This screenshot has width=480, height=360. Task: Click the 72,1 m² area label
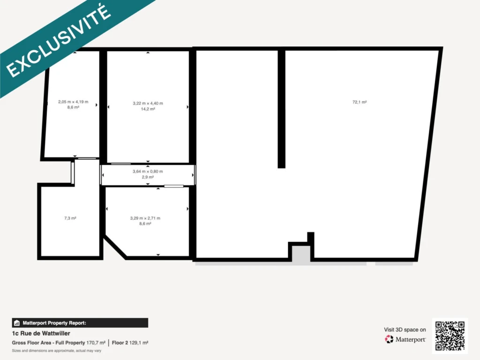click(x=360, y=102)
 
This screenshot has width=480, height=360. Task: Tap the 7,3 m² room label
click(x=70, y=218)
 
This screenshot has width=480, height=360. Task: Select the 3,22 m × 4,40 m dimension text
click(x=148, y=104)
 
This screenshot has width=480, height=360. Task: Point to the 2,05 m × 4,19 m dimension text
click(x=73, y=102)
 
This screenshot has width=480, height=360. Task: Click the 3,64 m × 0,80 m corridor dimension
click(x=148, y=172)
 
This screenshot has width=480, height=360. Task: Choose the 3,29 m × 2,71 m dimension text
click(x=145, y=218)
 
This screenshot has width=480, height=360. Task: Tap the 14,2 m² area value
click(x=148, y=109)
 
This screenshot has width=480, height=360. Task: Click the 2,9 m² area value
click(x=148, y=177)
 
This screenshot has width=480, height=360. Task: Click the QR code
click(x=450, y=336)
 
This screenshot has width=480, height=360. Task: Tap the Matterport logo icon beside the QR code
click(x=389, y=339)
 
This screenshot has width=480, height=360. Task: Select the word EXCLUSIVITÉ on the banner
click(x=58, y=41)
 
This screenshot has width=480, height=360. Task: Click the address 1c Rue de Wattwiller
click(x=41, y=333)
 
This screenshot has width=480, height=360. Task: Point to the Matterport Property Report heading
click(x=54, y=323)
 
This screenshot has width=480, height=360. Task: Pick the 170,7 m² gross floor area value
click(x=96, y=343)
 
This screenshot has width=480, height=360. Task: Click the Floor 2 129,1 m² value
click(x=130, y=343)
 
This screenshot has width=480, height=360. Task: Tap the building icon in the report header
click(x=17, y=323)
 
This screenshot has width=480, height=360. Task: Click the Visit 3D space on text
click(x=405, y=330)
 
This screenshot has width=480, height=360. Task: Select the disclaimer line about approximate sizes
click(x=57, y=351)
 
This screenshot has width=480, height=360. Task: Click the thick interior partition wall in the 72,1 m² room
click(x=281, y=109)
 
